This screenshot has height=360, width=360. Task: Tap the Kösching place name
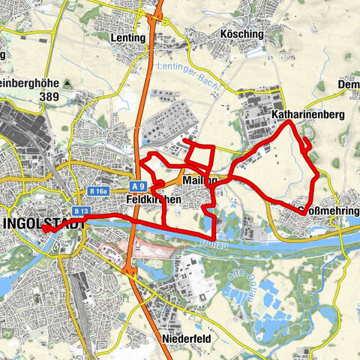220,34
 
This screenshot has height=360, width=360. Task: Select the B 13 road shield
82,212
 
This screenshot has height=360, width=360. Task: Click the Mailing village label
196,180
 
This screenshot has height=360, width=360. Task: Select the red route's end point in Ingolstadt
45,229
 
